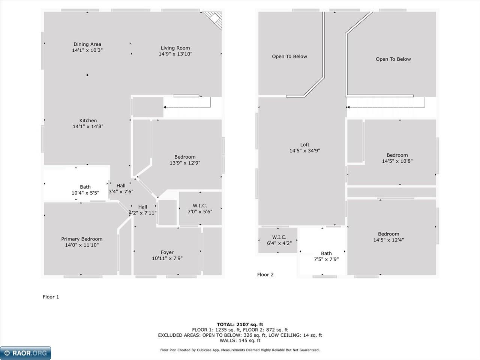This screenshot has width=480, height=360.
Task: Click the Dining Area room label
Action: pyautogui.click(x=87, y=44)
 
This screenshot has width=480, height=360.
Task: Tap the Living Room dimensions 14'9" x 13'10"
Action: pyautogui.click(x=175, y=54)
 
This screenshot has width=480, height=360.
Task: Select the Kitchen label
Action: pyautogui.click(x=88, y=120)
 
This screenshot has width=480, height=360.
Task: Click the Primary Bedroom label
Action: pyautogui.click(x=82, y=239)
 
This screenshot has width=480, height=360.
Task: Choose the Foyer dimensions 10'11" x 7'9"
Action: pyautogui.click(x=167, y=258)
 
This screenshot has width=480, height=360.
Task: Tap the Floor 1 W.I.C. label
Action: pyautogui.click(x=200, y=205)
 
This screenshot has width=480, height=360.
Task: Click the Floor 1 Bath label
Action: pyautogui.click(x=85, y=187)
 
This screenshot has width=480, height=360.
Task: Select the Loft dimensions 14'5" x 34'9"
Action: pyautogui.click(x=305, y=151)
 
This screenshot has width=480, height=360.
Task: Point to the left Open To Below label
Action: pyautogui.click(x=289, y=57)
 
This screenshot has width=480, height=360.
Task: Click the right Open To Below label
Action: pyautogui.click(x=393, y=59)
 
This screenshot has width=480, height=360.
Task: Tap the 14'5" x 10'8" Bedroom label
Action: pyautogui.click(x=397, y=155)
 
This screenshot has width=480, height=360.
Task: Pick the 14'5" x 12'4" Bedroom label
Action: pyautogui.click(x=388, y=234)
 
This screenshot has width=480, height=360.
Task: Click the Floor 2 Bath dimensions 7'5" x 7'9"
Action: pyautogui.click(x=326, y=259)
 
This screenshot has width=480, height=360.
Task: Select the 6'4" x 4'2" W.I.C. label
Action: pyautogui.click(x=279, y=237)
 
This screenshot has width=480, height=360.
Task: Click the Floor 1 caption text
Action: pyautogui.click(x=51, y=297)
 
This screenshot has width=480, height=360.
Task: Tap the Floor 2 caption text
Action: pyautogui.click(x=265, y=275)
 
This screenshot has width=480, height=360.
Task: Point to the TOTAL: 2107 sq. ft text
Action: pyautogui.click(x=240, y=325)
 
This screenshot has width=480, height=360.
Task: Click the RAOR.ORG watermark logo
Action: pyautogui.click(x=25, y=353)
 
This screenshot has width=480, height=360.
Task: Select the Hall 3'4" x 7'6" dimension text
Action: pyautogui.click(x=121, y=192)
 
